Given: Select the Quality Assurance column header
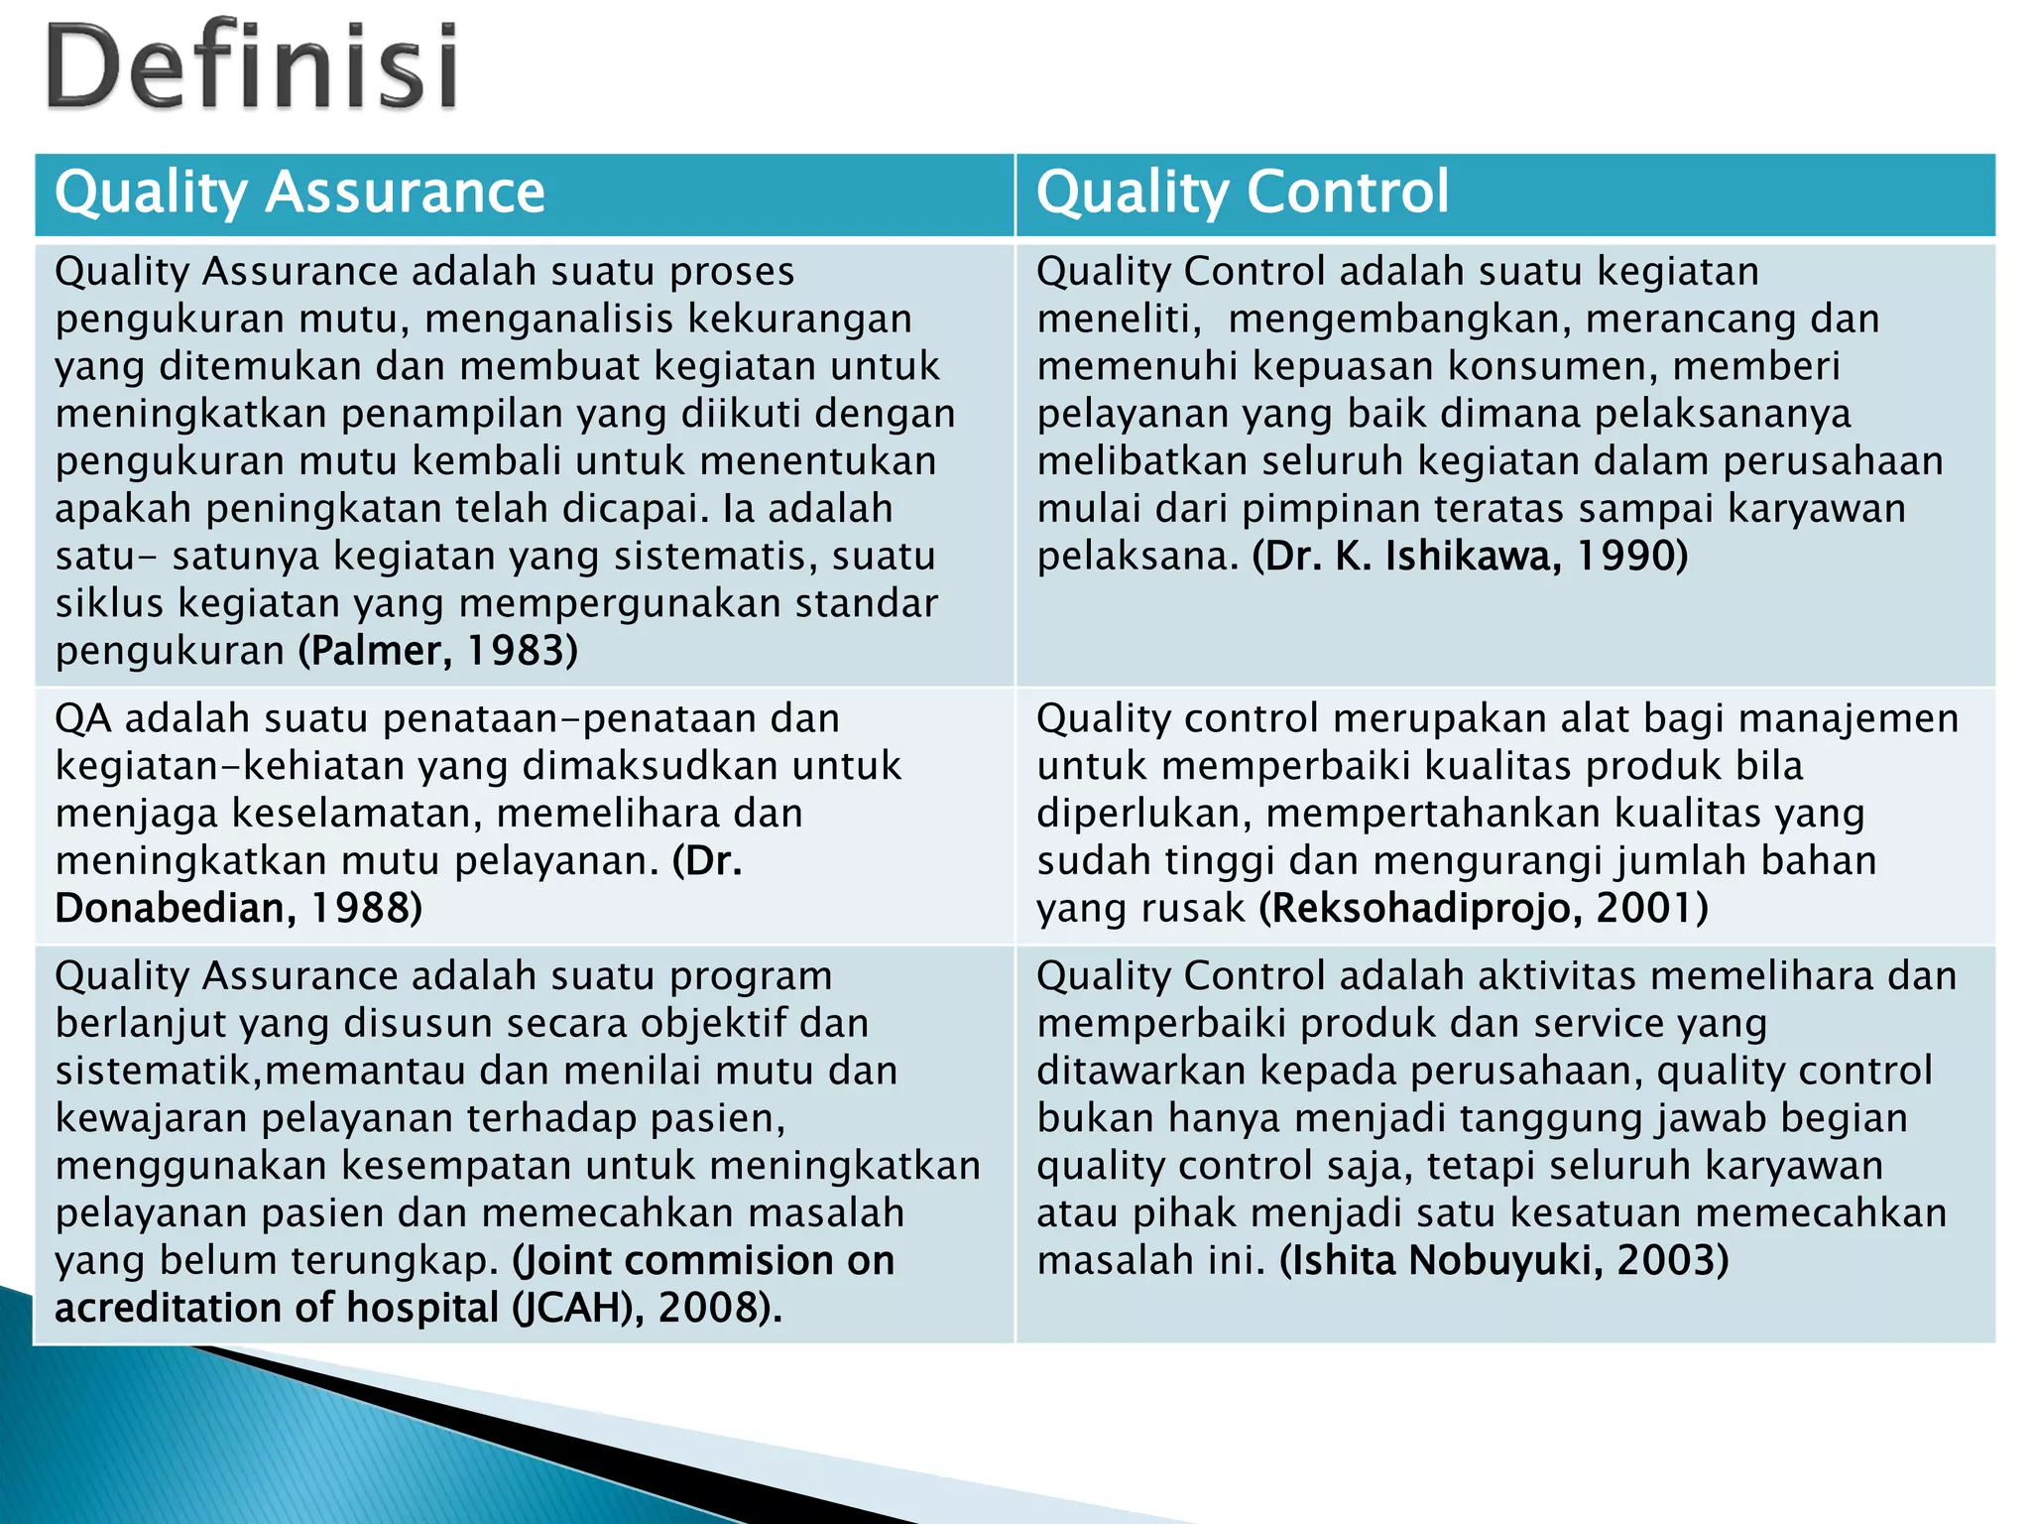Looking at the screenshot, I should [x=299, y=192].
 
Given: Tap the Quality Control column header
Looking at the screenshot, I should [x=1242, y=192].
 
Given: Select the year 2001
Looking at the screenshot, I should [x=1645, y=908].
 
